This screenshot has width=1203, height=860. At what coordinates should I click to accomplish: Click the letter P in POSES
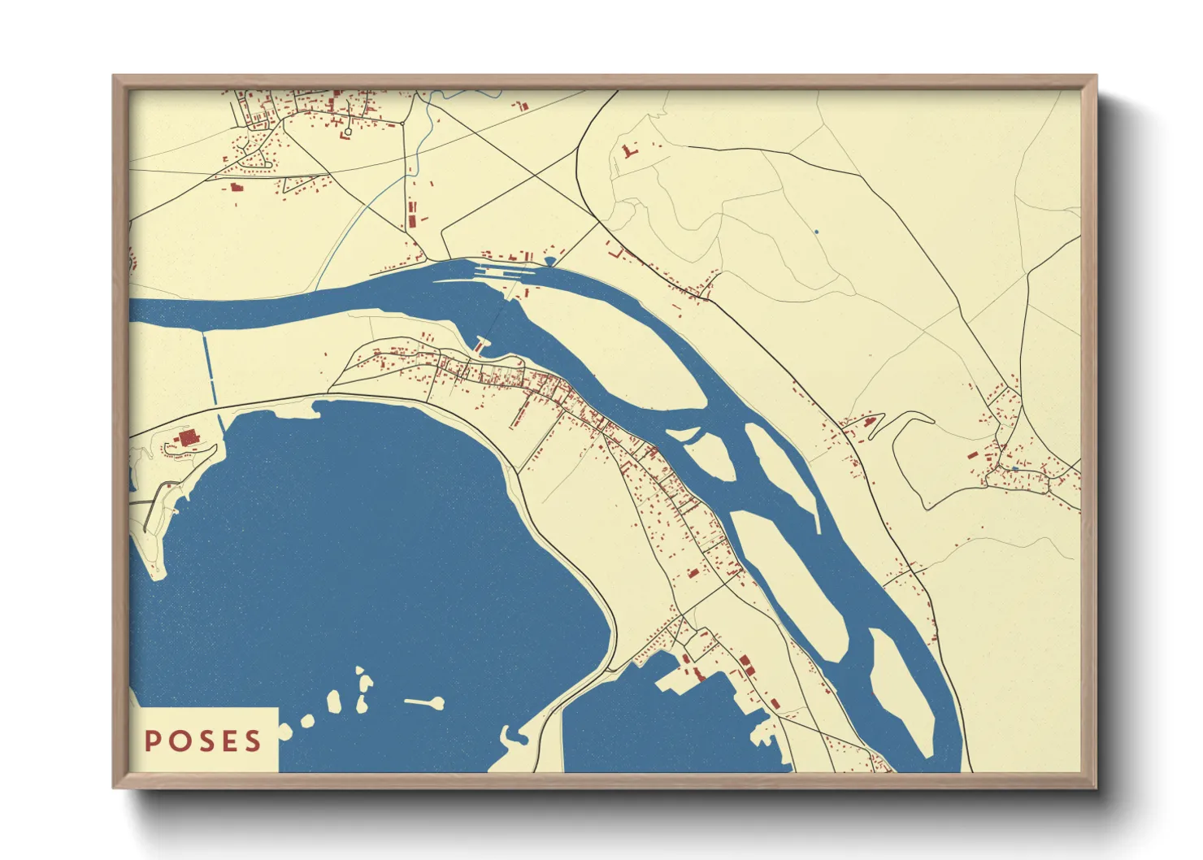(x=152, y=741)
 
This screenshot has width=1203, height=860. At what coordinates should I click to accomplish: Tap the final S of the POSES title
(x=254, y=741)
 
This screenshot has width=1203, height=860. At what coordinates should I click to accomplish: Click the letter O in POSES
(x=178, y=741)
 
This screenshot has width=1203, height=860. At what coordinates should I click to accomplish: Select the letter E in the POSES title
(x=229, y=741)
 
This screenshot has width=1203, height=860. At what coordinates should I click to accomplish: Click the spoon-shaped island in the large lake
(x=427, y=701)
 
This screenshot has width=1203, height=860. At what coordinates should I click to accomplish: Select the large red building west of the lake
(x=188, y=438)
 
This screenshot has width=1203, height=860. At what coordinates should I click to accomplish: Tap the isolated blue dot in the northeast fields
(x=816, y=232)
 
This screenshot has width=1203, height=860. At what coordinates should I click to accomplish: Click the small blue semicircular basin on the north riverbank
(x=550, y=261)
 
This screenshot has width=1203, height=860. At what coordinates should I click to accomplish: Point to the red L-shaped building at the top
(x=628, y=151)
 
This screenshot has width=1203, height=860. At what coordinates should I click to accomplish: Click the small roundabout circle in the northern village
(x=348, y=132)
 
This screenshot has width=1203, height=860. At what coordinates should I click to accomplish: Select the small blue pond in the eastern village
(x=1014, y=469)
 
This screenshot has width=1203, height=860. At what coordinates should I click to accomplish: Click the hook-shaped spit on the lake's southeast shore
(x=514, y=738)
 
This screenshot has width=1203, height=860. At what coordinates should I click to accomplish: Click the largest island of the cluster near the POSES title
(x=333, y=701)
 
